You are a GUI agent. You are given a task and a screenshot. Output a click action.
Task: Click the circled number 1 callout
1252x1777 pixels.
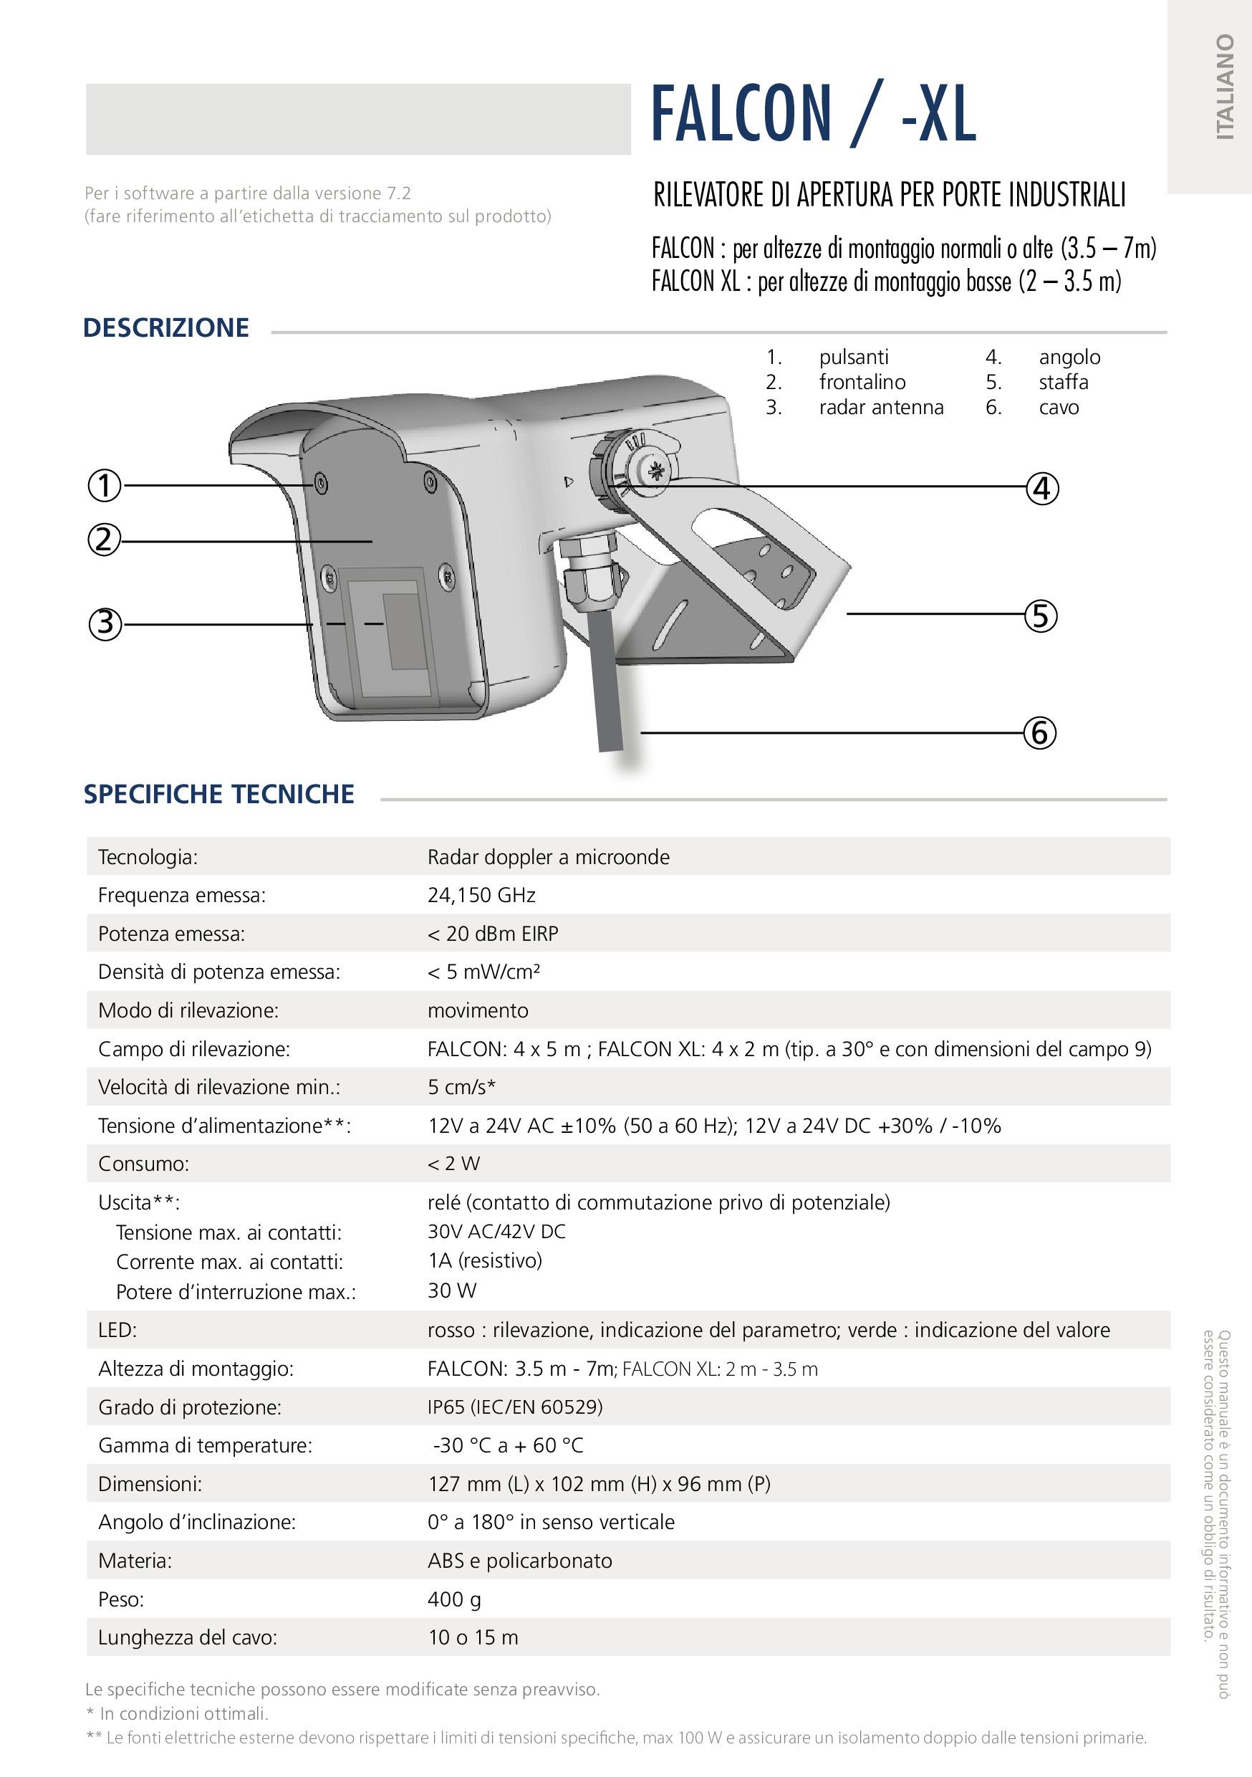(105, 486)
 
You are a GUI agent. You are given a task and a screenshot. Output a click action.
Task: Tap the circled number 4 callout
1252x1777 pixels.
(1041, 489)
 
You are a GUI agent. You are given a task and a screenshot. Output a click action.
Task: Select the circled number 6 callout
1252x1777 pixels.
(1040, 732)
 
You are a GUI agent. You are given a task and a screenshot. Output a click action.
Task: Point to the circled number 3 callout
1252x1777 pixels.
(105, 624)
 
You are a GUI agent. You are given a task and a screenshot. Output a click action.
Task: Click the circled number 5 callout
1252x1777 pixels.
(1041, 616)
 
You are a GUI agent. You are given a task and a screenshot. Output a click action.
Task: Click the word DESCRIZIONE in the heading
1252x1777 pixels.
(165, 328)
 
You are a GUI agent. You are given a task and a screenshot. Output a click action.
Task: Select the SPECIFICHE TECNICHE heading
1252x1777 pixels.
(219, 794)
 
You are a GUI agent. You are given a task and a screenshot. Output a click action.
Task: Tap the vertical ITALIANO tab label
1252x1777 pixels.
(1224, 87)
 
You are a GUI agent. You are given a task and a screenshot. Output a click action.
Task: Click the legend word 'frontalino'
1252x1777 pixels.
(862, 383)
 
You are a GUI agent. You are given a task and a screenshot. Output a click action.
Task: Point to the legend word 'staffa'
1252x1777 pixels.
(1063, 383)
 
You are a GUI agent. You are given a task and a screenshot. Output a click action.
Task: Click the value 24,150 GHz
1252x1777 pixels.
(481, 896)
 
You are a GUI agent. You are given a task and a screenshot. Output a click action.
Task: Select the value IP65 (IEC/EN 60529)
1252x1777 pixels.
(514, 1407)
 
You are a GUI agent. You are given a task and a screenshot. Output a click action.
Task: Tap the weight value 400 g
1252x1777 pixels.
(454, 1599)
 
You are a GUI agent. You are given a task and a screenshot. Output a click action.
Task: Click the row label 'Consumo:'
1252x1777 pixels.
(143, 1164)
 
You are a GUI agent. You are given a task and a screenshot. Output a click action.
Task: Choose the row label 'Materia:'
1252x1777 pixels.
(135, 1561)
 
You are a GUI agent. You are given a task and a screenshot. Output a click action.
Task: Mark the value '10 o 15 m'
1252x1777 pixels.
(473, 1638)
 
